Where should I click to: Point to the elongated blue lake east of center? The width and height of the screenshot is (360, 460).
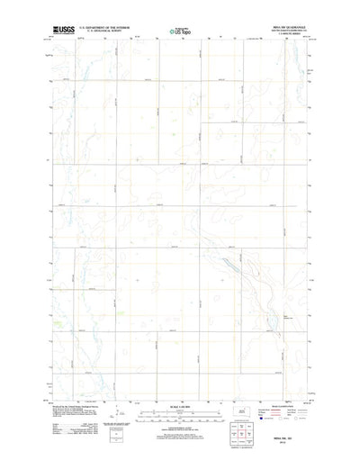[x=232, y=268]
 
